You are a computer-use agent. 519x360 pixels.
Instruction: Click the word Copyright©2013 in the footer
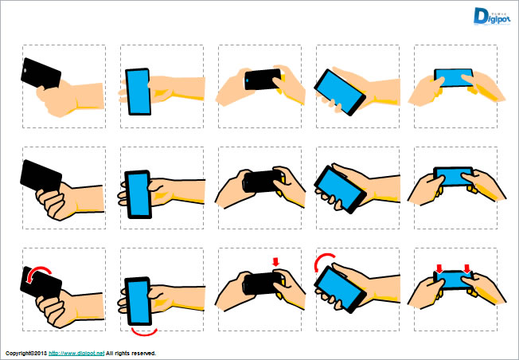[x=26, y=353]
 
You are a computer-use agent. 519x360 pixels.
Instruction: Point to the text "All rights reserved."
[x=131, y=353]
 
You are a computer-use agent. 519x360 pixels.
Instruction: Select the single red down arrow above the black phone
[x=275, y=262]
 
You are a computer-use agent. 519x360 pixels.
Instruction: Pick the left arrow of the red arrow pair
[x=438, y=268]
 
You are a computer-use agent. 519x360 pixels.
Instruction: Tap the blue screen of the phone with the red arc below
[x=139, y=300]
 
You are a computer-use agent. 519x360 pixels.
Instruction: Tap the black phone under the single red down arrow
[x=259, y=283]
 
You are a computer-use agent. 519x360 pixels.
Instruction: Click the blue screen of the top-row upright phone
[x=139, y=91]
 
